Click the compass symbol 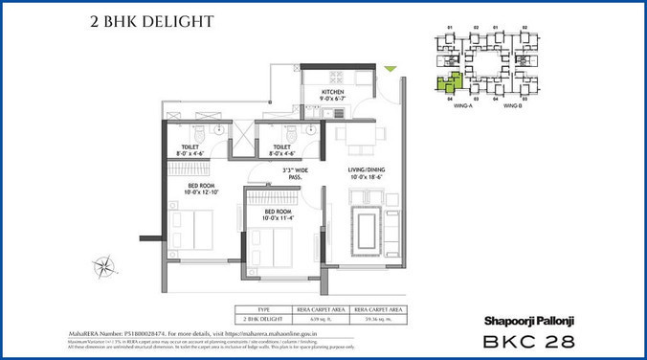coord(105,265)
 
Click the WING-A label coord(462,107)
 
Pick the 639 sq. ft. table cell coord(318,318)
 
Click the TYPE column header coord(261,309)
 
